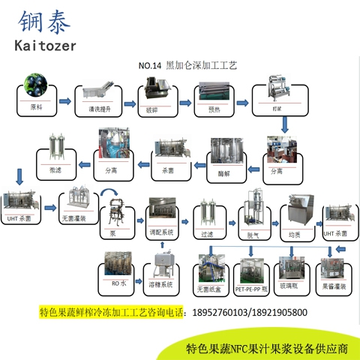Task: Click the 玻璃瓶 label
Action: coord(290,286)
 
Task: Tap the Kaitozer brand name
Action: coord(52,48)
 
